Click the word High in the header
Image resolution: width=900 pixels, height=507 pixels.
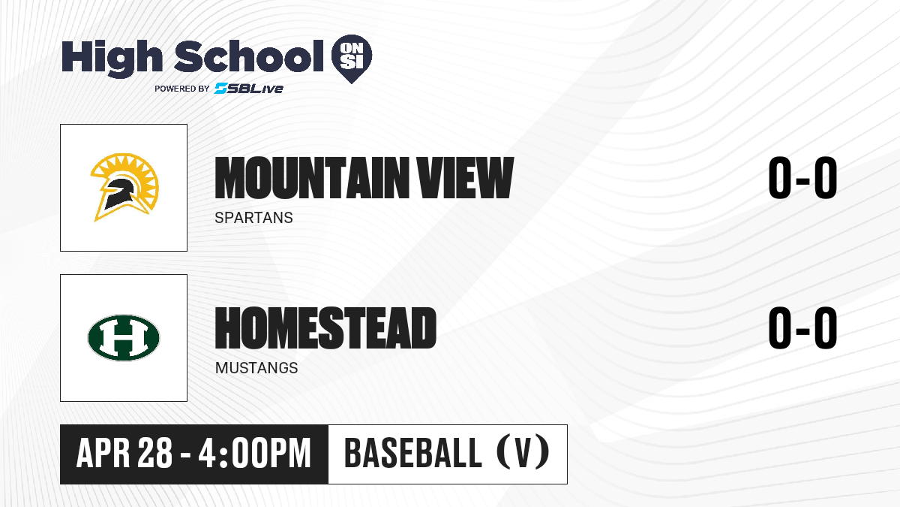pyautogui.click(x=112, y=58)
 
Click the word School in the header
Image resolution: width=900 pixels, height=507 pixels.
pyautogui.click(x=249, y=56)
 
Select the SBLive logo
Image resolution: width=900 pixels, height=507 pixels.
pyautogui.click(x=248, y=89)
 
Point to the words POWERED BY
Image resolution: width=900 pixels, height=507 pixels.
pyautogui.click(x=182, y=89)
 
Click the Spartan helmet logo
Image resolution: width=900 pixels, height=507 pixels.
pyautogui.click(x=124, y=187)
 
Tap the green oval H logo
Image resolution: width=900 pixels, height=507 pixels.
pyautogui.click(x=124, y=338)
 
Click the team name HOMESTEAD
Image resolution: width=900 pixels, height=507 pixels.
pyautogui.click(x=325, y=328)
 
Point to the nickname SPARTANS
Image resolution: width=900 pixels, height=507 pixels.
pyautogui.click(x=254, y=218)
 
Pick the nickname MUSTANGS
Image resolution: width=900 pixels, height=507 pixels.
pyautogui.click(x=256, y=368)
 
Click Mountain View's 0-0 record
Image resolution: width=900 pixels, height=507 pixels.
pyautogui.click(x=802, y=178)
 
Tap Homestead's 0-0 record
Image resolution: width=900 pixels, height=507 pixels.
pyautogui.click(x=802, y=328)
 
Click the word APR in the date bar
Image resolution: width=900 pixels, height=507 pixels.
pyautogui.click(x=103, y=454)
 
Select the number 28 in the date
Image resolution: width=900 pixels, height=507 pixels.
pyautogui.click(x=155, y=453)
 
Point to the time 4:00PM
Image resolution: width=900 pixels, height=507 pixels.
pyautogui.click(x=255, y=453)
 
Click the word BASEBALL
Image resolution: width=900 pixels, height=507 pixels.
pyautogui.click(x=413, y=453)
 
